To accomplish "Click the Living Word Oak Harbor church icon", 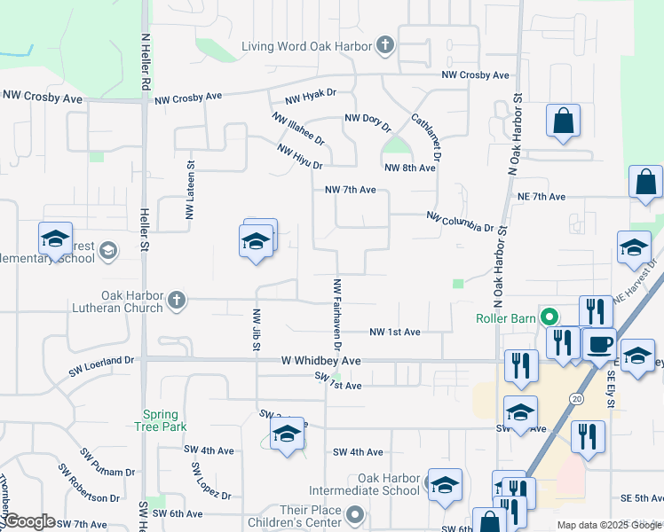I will (384, 43).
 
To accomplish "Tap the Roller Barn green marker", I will (550, 316).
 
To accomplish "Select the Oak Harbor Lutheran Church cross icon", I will (176, 300).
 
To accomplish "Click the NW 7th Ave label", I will (351, 190).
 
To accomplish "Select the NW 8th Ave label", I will (409, 168).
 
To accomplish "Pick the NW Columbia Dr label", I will (459, 222).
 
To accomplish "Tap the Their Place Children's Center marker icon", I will (356, 514).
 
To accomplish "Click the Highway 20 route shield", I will (576, 399).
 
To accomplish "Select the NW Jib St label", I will (256, 329).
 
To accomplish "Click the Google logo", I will (28, 521).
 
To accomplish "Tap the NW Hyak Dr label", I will (311, 98).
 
